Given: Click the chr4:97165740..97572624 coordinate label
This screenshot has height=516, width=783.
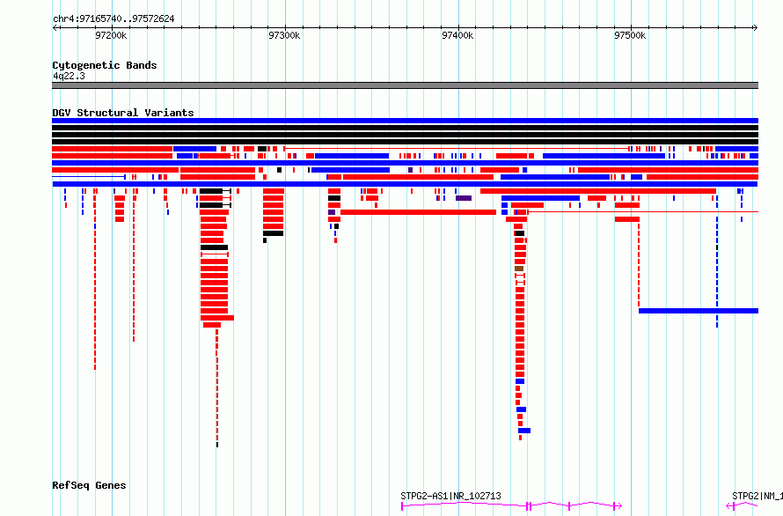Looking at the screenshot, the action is point(113,18).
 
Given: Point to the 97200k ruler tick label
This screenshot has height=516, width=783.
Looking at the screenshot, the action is point(111,35).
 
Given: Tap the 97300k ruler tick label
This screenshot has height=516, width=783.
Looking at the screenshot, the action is point(284,35).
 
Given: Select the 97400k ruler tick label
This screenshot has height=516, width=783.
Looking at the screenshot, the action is point(457,35).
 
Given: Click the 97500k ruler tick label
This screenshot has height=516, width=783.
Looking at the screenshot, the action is point(630,35).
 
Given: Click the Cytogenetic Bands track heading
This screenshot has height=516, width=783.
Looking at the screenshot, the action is point(105,65).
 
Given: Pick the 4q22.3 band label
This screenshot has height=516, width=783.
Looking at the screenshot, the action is point(69,76).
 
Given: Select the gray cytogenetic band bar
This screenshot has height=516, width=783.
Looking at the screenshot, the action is point(405,85).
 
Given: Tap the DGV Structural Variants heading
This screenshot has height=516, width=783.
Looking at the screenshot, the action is point(123,113).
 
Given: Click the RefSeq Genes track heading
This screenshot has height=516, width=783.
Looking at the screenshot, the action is point(89,485).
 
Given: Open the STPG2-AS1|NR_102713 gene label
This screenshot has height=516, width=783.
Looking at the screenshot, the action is point(450,496).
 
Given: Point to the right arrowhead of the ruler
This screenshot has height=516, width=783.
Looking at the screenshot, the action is point(756,28).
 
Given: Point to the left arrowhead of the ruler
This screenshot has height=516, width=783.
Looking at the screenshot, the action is point(55,28).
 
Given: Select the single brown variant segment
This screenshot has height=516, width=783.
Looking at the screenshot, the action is point(519,269).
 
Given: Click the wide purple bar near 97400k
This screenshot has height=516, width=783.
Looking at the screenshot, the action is point(464,198).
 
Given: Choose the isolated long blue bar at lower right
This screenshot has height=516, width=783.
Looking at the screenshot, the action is point(699,311).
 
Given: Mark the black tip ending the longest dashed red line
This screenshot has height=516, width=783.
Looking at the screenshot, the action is point(217,445).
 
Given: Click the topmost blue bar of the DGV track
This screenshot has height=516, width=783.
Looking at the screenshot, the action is point(405,121).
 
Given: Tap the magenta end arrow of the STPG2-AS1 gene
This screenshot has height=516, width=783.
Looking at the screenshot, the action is point(619,506).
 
